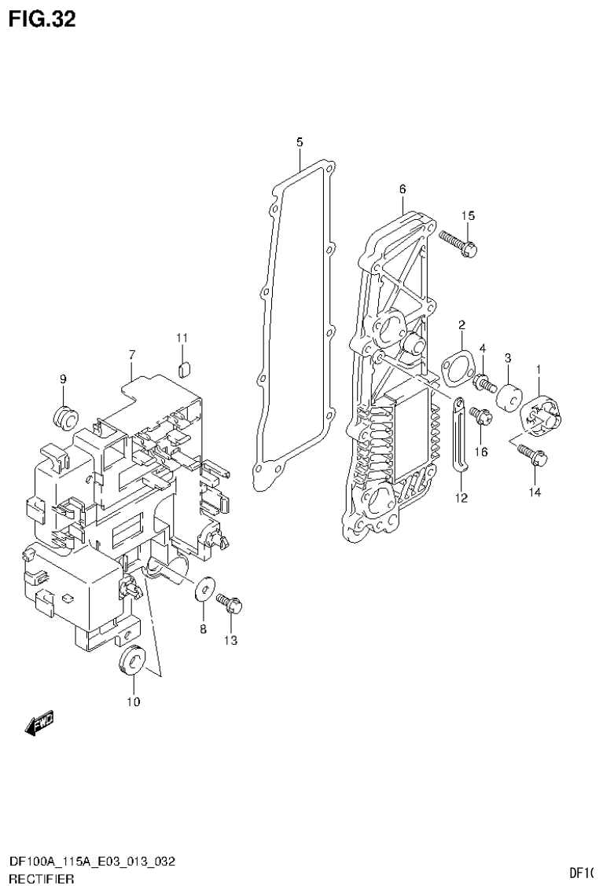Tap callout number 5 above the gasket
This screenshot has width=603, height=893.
[x=300, y=142]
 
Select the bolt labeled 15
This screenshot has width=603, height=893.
[x=460, y=243]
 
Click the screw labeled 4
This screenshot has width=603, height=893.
[x=484, y=384]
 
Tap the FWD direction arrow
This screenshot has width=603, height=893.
[x=39, y=725]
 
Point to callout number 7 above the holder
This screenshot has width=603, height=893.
[x=132, y=356]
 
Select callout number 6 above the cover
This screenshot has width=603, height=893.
[x=402, y=188]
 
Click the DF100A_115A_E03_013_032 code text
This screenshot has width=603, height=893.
[x=91, y=862]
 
